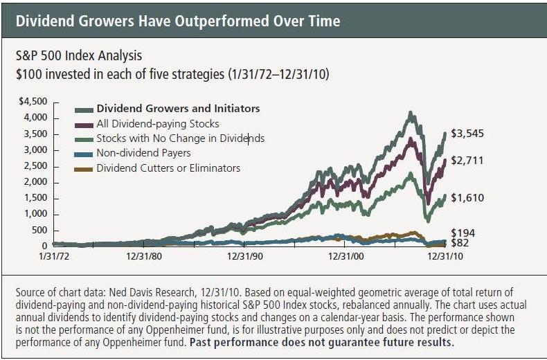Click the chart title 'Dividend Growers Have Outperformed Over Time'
coord(178,21)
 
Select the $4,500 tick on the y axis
coord(33,102)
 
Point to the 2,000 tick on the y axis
coord(35,182)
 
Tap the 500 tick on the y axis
coord(39,230)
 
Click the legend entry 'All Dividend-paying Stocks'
coord(157,123)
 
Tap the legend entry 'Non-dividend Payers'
coord(143,153)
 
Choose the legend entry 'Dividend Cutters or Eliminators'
coord(168,168)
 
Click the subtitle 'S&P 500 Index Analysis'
coord(82,54)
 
